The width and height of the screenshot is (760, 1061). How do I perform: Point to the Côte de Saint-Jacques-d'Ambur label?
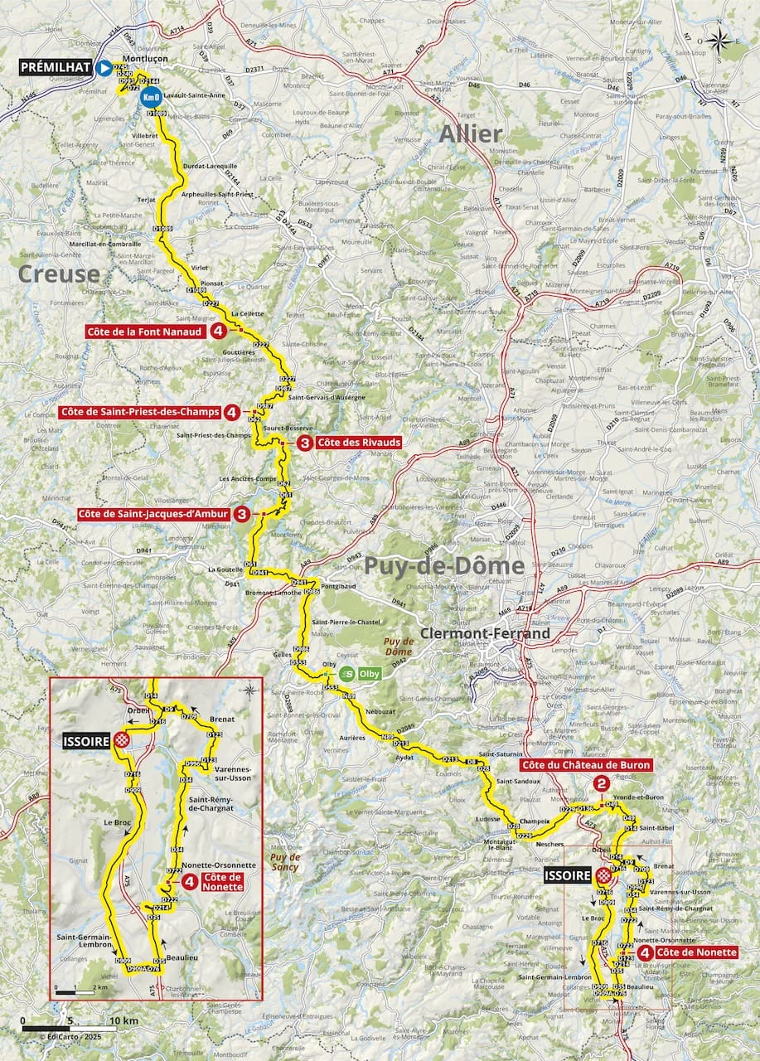pos(154,514)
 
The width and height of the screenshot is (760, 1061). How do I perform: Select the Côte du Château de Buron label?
pos(587,764)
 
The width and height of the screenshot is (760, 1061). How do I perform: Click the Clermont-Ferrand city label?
pos(486,633)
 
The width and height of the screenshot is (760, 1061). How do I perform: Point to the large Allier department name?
pos(470,133)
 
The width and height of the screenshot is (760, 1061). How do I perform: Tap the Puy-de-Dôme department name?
pos(443,566)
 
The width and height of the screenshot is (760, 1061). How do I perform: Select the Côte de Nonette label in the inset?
pos(223,881)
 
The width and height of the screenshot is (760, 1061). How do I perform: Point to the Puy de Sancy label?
pos(284,862)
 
